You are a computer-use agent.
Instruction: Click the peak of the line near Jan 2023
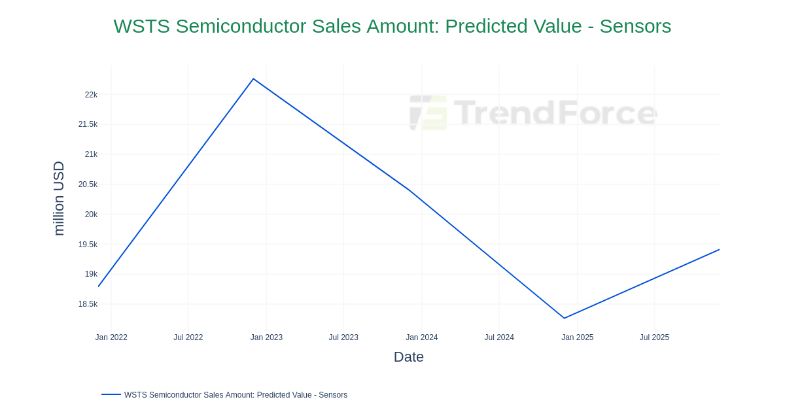tap(253, 79)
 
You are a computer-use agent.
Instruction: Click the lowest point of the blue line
tap(564, 318)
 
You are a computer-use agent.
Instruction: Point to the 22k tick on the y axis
tap(91, 95)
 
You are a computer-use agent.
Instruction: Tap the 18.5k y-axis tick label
tap(88, 304)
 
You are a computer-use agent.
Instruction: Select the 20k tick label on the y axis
tap(91, 215)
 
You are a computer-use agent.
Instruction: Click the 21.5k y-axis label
tap(88, 124)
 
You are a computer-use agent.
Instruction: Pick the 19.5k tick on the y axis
tap(88, 245)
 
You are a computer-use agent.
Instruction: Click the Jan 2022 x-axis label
tap(111, 337)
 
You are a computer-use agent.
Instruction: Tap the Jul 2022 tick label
tap(188, 337)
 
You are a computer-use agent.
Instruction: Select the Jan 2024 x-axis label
tap(421, 337)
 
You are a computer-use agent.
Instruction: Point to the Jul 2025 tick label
tap(654, 337)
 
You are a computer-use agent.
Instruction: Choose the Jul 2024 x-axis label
tap(499, 337)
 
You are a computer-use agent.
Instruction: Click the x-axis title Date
tap(409, 357)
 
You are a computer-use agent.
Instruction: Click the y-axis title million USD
tap(59, 198)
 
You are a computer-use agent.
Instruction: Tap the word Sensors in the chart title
tap(635, 26)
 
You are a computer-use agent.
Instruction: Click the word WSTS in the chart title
tap(141, 26)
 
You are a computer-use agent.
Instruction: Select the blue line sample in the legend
tap(111, 394)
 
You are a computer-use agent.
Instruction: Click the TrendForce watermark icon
tap(428, 112)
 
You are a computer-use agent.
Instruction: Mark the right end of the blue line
tap(719, 250)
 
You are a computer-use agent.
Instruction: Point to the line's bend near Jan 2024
tap(409, 190)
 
